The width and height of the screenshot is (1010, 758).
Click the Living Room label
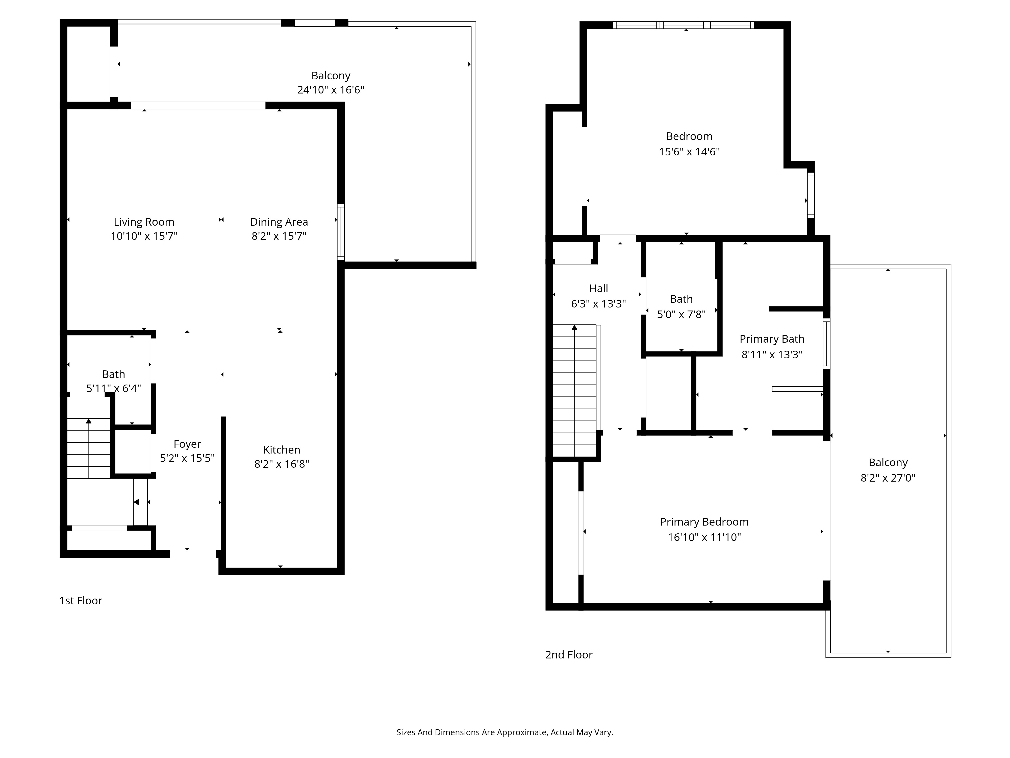[x=144, y=222]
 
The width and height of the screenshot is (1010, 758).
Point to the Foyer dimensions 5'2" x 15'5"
[x=187, y=458]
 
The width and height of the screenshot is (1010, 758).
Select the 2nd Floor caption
[x=568, y=655]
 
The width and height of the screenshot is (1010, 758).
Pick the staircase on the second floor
[x=574, y=391]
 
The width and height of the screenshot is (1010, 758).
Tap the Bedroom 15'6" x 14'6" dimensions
[x=689, y=152]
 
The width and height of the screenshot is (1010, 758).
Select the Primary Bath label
[x=772, y=339]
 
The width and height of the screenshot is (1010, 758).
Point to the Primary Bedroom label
[x=704, y=522]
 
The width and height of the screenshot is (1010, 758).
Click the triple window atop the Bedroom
[x=683, y=25]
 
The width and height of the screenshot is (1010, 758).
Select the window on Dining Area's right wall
[x=341, y=232]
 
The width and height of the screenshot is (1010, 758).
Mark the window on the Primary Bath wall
[x=826, y=344]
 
